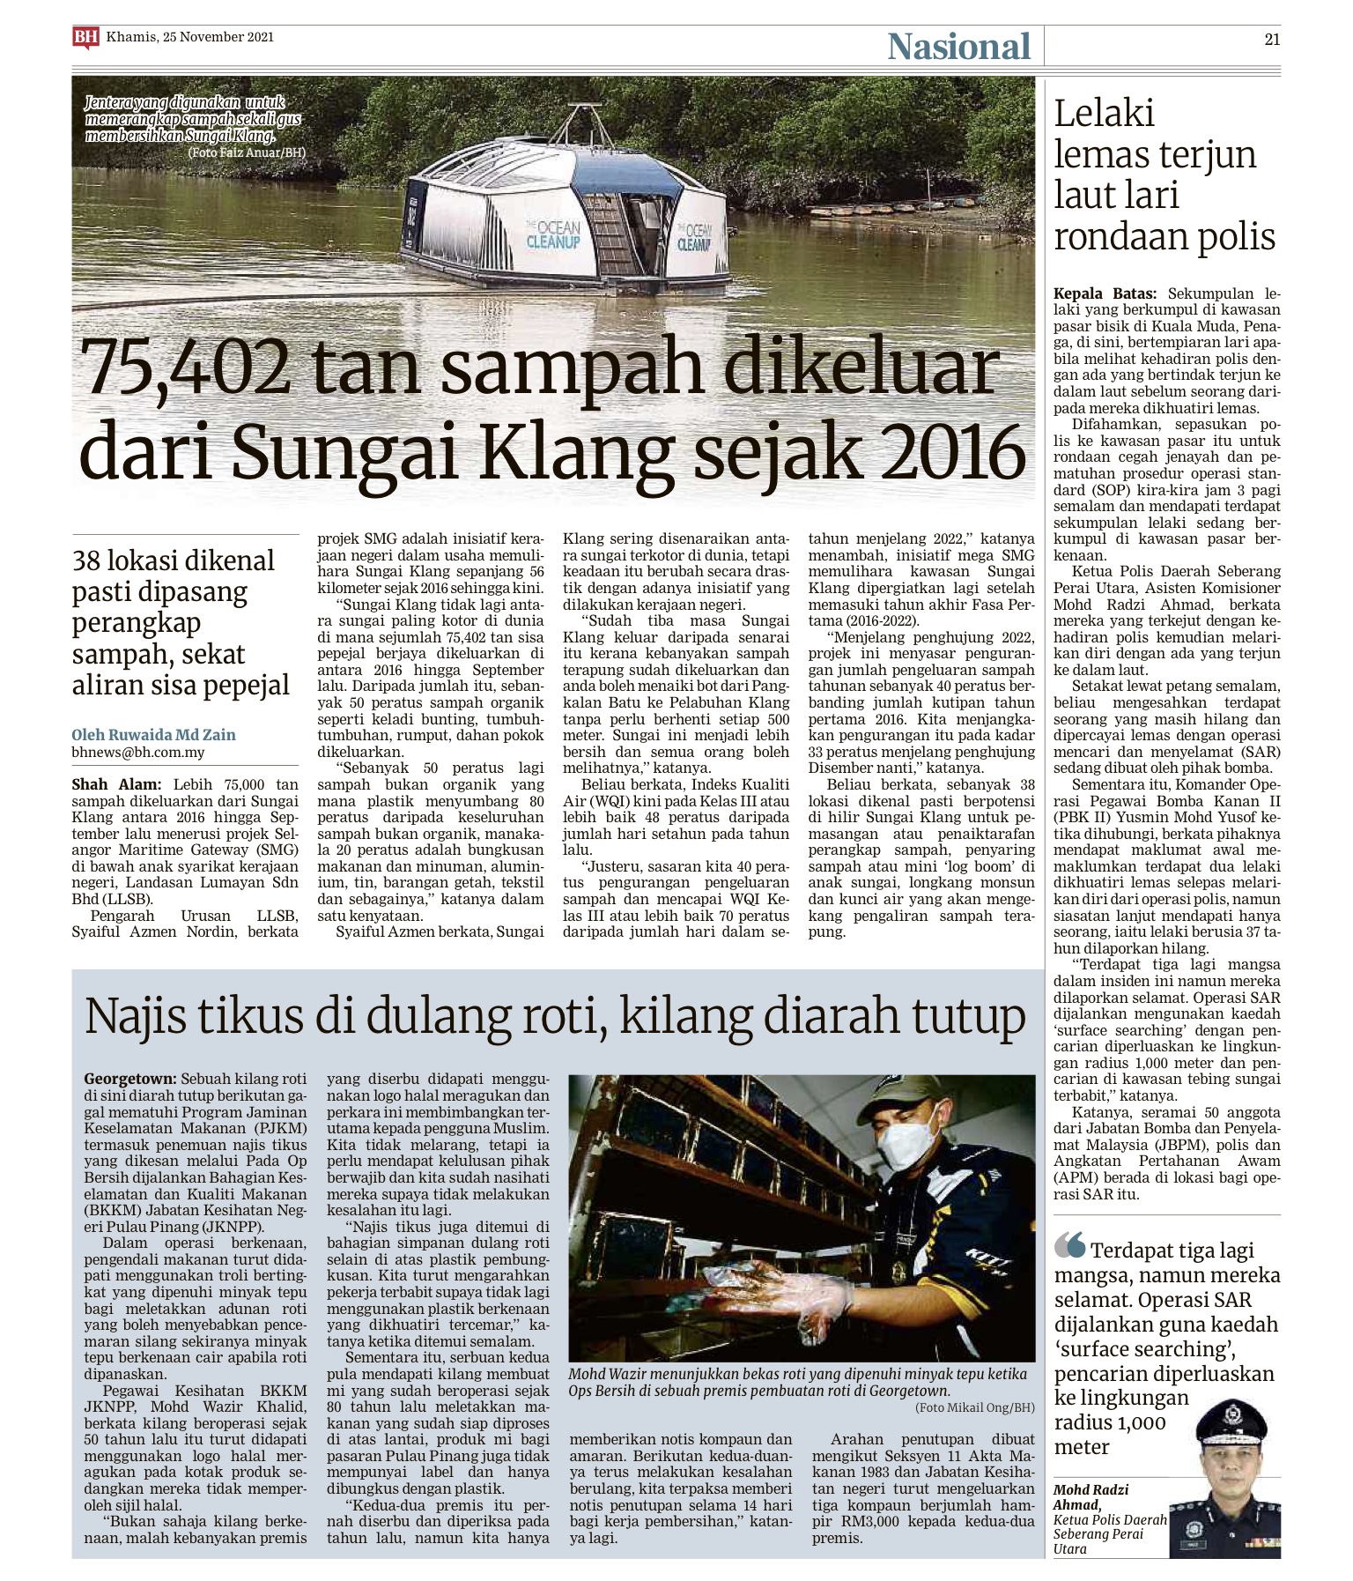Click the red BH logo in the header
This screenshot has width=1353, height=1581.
[85, 37]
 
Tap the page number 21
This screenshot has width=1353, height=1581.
[1271, 39]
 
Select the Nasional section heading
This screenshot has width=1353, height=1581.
[958, 47]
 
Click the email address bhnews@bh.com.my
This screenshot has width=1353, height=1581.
[138, 753]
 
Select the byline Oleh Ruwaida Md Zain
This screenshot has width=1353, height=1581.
[153, 734]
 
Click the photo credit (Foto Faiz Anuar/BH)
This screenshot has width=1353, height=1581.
[246, 152]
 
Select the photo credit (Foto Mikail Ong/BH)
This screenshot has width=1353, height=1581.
[975, 1407]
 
